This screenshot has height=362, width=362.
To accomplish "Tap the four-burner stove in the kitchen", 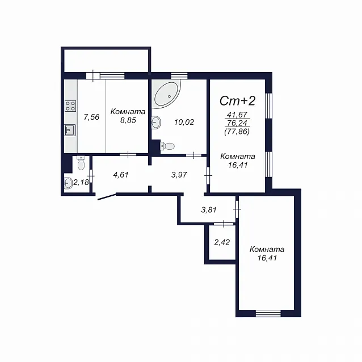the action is (x=70, y=106).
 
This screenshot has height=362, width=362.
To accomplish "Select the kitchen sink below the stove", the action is (x=70, y=130).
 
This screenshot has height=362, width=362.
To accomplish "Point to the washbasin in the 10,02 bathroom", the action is (x=156, y=123).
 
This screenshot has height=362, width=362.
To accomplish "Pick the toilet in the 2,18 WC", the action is (x=81, y=163).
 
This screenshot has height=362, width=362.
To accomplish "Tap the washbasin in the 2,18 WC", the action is (x=68, y=183).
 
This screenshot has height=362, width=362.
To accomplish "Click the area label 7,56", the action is (x=91, y=117).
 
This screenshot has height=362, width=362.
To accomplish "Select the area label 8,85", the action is (x=128, y=120).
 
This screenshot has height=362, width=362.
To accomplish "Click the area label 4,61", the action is (x=121, y=175).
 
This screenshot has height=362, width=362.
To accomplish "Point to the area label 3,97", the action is (x=179, y=175).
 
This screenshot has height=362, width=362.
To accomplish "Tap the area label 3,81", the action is (x=209, y=210).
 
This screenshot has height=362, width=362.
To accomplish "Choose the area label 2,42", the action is (x=222, y=242).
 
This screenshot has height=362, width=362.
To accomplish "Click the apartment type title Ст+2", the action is (x=238, y=101).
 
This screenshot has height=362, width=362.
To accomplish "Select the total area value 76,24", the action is (x=237, y=123).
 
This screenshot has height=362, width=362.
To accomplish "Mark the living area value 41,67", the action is (x=237, y=115).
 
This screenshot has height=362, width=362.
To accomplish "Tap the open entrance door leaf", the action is (x=107, y=197).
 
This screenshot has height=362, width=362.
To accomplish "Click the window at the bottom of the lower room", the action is (x=268, y=313).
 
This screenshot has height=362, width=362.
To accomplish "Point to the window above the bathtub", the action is (x=179, y=75).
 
